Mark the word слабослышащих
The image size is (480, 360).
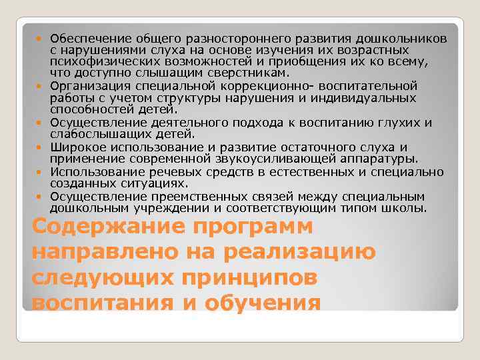pyautogui.click(x=90, y=134)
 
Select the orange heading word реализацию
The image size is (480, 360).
pyautogui.click(x=304, y=253)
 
